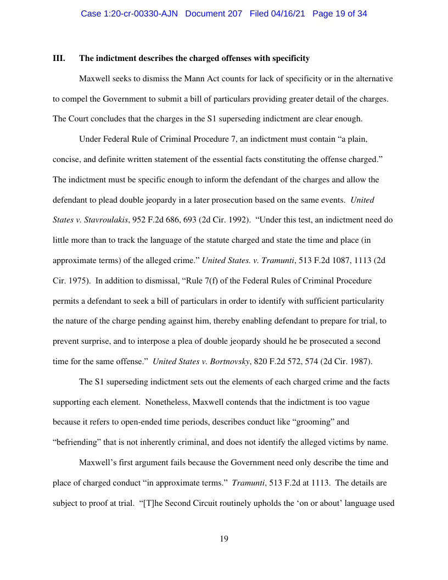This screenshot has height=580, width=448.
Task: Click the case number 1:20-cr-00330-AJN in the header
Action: click(x=129, y=14)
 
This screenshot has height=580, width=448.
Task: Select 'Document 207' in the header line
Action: click(x=214, y=14)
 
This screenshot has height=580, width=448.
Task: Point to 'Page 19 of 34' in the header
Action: click(x=339, y=14)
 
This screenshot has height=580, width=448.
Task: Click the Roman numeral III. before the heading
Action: click(x=59, y=58)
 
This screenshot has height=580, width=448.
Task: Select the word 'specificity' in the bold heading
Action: click(x=290, y=58)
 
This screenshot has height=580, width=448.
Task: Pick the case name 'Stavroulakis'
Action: click(x=98, y=220)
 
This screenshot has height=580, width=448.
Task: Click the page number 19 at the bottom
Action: click(x=224, y=539)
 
